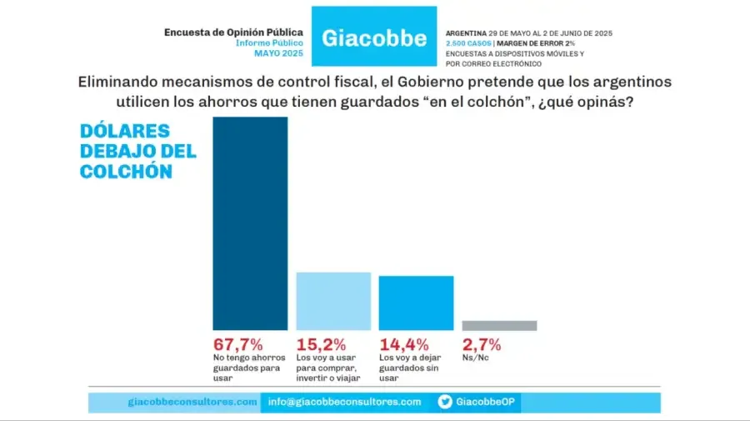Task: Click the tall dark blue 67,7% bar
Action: (x=251, y=223)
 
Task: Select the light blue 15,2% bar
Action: (x=333, y=301)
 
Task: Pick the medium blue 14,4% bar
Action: (x=416, y=303)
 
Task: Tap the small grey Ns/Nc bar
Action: (x=499, y=326)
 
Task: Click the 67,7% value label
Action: (x=238, y=343)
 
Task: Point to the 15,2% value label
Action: (x=321, y=343)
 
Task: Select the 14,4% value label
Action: (x=404, y=343)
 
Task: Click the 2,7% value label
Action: (x=481, y=343)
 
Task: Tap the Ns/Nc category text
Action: (x=476, y=358)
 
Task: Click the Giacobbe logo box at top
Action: (x=373, y=38)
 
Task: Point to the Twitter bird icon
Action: (x=446, y=402)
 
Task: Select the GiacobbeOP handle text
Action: (x=485, y=402)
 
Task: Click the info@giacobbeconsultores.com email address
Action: (x=344, y=402)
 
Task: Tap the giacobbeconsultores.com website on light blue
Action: (x=192, y=402)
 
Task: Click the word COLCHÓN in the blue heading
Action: (x=126, y=171)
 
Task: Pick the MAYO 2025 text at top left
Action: (x=279, y=53)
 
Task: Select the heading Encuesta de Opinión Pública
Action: (x=233, y=33)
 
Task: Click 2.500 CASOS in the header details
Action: (x=467, y=43)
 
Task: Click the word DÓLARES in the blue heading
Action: (x=124, y=131)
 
